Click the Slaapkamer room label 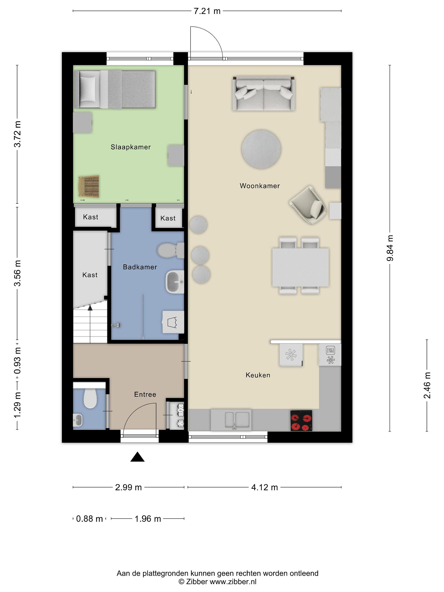point(131,147)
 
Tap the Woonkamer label point(260,186)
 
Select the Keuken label point(258,375)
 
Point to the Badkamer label point(140,267)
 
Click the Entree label point(145,394)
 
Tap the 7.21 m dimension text point(207,11)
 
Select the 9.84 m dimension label point(390,248)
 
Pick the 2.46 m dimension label point(427,385)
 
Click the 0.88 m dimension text point(89,519)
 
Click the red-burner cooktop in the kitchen point(301,420)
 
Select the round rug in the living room point(261,149)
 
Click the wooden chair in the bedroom point(89,186)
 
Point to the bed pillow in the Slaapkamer point(88,89)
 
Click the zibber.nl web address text point(233,581)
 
